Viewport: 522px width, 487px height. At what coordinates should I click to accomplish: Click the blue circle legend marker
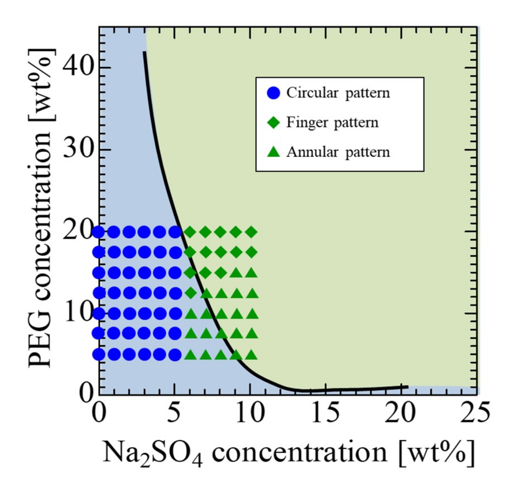(273, 93)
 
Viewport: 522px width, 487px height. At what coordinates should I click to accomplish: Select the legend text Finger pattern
(332, 123)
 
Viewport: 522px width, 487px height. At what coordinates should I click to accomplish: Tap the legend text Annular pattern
(338, 152)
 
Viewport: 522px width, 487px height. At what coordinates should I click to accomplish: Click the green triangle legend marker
(273, 152)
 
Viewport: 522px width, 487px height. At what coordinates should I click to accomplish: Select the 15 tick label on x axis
(325, 413)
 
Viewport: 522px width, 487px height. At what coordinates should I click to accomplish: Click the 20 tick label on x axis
(400, 413)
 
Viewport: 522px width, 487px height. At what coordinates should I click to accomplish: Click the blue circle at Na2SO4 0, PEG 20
(98, 232)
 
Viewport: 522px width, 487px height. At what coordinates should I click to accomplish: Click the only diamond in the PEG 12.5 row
(190, 293)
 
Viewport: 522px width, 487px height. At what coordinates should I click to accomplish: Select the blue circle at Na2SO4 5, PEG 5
(175, 355)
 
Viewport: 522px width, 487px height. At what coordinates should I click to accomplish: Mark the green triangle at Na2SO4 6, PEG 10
(190, 313)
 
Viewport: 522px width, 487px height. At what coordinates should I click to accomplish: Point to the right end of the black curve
(407, 387)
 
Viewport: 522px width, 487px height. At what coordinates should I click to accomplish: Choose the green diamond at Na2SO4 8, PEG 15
(221, 273)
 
